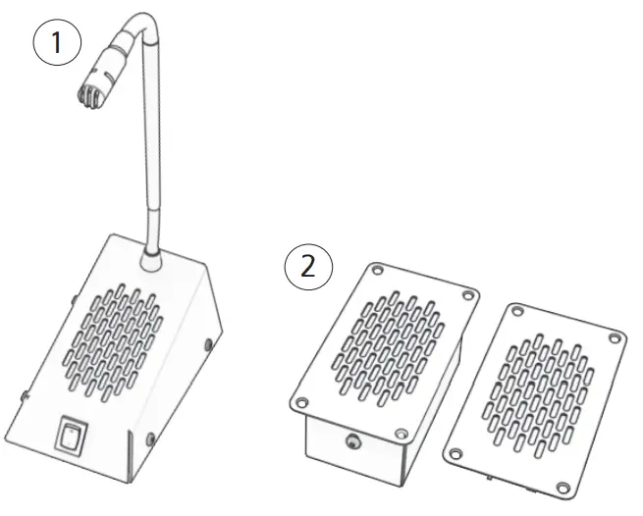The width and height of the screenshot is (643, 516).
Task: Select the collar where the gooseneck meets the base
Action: tap(151, 258)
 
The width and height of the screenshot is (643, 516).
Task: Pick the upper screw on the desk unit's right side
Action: tap(208, 344)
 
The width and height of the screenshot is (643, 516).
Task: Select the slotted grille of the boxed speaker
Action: tap(389, 348)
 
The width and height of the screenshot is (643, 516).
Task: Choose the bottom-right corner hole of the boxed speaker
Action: tap(399, 433)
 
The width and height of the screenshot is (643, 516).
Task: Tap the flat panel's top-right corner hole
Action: tap(614, 338)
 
